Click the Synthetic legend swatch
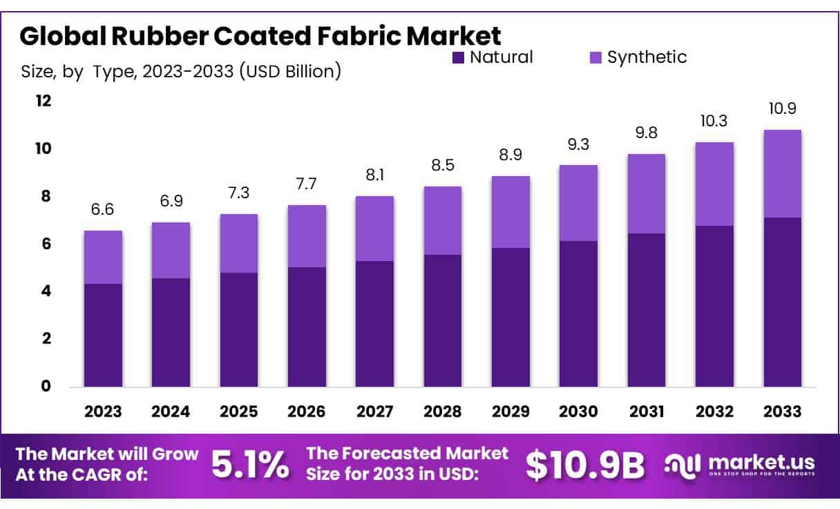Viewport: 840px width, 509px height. pos(595,57)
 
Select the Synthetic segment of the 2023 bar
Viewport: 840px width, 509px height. pos(103,258)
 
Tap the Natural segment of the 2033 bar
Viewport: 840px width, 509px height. pos(782,302)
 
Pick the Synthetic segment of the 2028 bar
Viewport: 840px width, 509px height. pos(443,221)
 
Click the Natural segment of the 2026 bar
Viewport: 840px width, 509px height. pos(307,327)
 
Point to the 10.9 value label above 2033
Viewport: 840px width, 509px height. pos(782,109)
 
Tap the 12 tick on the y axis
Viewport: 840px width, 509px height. pos(44,101)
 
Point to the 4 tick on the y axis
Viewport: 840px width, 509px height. pos(46,291)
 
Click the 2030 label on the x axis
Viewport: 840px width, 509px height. pos(578,412)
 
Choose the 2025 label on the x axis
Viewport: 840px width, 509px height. pos(238,412)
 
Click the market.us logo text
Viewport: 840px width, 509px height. pos(760,462)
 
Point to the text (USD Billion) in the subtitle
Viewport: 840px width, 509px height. pos(289,71)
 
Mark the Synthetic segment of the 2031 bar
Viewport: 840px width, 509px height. pos(646,194)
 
